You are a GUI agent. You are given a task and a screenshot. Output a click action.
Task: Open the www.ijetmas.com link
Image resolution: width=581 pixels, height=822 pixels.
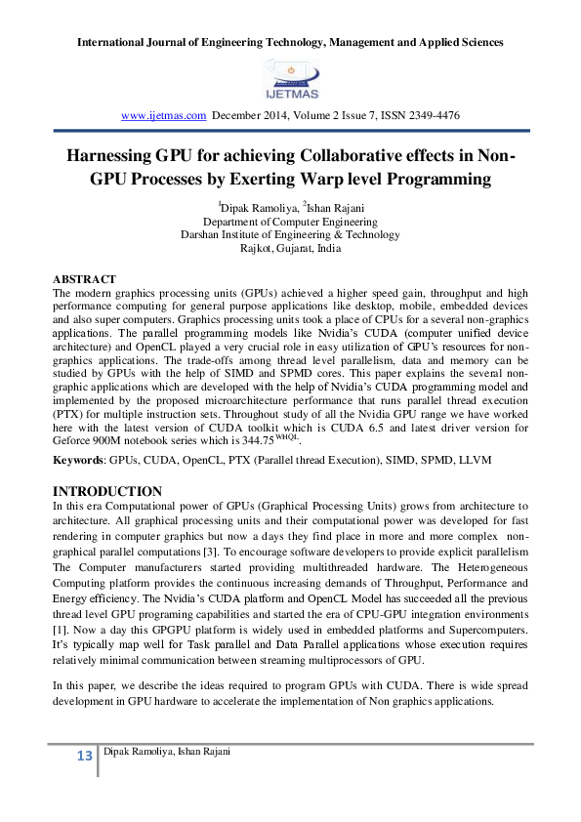[162, 115]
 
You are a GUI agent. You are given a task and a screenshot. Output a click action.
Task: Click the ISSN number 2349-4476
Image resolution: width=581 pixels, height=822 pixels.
[433, 115]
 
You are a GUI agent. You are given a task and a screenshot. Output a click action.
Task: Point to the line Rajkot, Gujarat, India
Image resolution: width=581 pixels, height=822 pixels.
[290, 248]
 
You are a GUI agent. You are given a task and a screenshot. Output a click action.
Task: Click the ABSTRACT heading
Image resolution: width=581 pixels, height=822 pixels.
[84, 279]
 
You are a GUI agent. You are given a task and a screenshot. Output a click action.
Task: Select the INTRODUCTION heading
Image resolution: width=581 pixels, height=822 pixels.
[106, 490]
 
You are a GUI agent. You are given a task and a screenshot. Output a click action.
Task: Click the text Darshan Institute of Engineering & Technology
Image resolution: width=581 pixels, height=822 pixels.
[290, 234]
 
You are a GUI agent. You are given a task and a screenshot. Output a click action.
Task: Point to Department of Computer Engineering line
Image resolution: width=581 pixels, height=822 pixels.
[290, 221]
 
